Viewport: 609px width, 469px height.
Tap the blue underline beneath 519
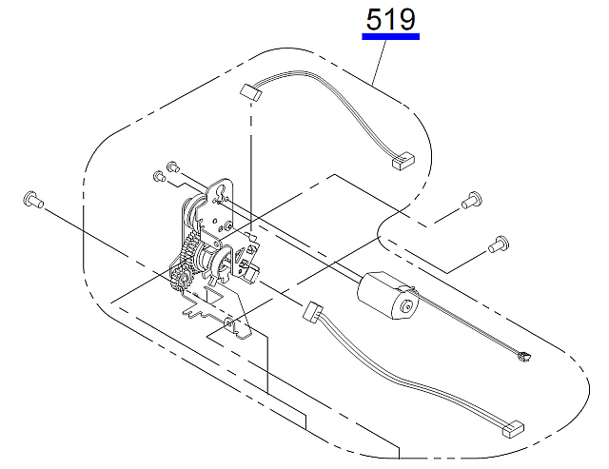tap(391, 36)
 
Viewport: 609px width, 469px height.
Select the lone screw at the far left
tap(33, 201)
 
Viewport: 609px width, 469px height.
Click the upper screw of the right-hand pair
tap(472, 200)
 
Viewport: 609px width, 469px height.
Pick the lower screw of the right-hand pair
tap(499, 244)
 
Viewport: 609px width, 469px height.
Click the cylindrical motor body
tap(387, 296)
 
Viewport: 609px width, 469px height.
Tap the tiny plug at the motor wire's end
tap(524, 356)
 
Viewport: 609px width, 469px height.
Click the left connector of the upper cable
tap(249, 93)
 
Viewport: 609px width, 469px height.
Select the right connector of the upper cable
tap(403, 161)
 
